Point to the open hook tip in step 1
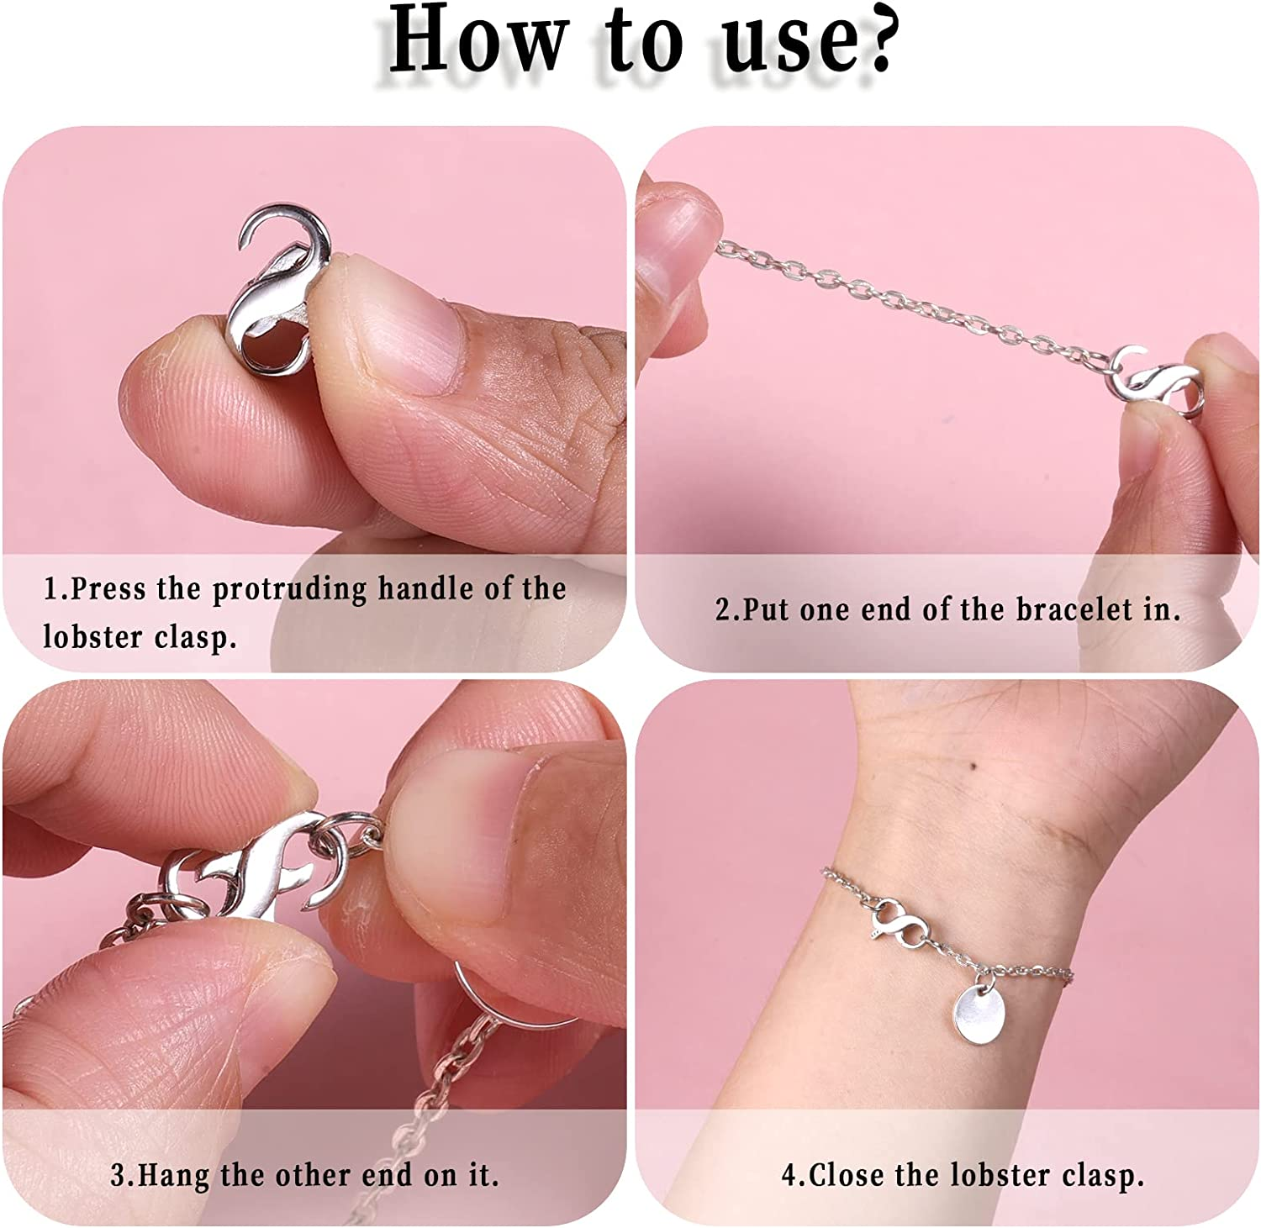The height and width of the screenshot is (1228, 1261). pos(245,244)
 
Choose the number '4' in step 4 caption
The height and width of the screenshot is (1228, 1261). pos(788,1175)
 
